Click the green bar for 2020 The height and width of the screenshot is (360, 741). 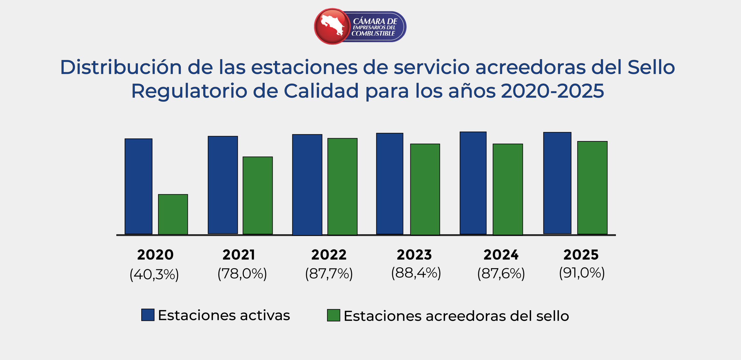(173, 214)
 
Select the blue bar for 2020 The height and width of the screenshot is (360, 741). (138, 186)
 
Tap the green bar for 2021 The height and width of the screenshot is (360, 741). (258, 195)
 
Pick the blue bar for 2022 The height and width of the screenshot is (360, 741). (307, 184)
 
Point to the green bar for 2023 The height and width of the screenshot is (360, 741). (425, 189)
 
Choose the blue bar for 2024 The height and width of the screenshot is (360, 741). (473, 183)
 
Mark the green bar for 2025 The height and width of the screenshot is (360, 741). (592, 188)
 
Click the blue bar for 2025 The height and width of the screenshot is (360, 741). (557, 183)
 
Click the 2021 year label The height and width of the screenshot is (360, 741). (239, 255)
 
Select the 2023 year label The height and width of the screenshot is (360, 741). (414, 255)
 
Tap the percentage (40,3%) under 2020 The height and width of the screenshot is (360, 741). (154, 274)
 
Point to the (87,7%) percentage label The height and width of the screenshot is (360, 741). (329, 274)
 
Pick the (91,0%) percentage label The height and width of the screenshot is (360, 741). (582, 273)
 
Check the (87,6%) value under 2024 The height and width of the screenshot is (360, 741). (501, 274)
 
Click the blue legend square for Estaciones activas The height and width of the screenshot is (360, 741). (148, 315)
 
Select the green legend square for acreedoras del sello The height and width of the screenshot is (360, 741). (333, 315)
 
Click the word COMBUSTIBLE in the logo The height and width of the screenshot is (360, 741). (373, 34)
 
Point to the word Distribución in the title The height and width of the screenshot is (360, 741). (121, 67)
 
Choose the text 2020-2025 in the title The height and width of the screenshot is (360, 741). (552, 91)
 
